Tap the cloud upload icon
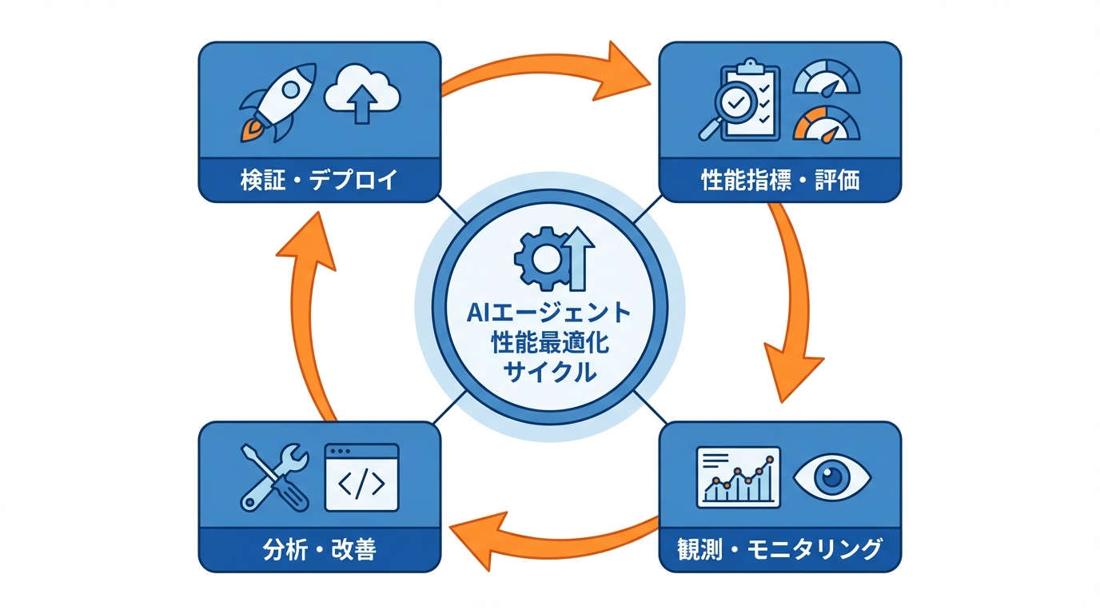pyautogui.click(x=362, y=94)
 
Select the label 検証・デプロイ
pyautogui.click(x=319, y=180)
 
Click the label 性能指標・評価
pyautogui.click(x=779, y=180)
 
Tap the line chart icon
pyautogui.click(x=738, y=476)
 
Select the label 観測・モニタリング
pyautogui.click(x=779, y=550)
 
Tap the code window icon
pyautogui.click(x=361, y=477)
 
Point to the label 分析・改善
pyautogui.click(x=319, y=550)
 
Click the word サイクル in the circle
pyautogui.click(x=549, y=372)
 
